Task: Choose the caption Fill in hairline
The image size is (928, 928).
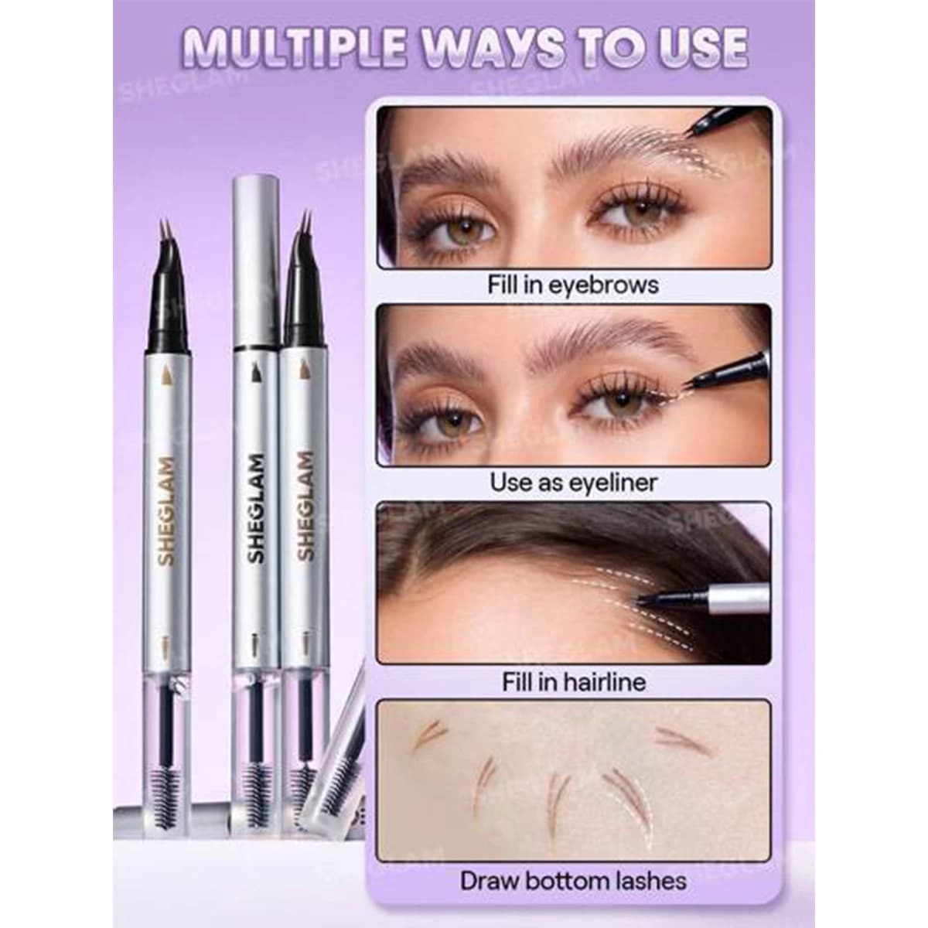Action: pos(574,682)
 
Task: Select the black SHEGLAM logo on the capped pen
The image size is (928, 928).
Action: pos(256,509)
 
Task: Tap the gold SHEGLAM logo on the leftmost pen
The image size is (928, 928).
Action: pos(166,510)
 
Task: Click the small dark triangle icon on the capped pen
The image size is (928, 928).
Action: pos(256,372)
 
